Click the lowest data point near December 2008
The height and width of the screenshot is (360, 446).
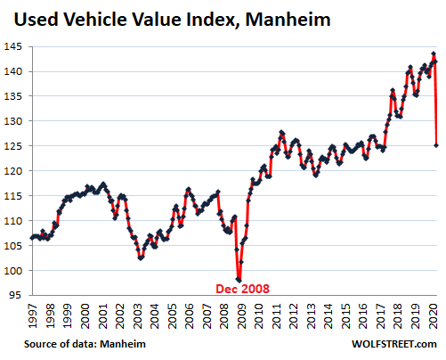click(239, 280)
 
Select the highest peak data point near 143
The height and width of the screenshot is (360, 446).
click(433, 53)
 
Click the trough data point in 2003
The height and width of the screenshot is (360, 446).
click(141, 258)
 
